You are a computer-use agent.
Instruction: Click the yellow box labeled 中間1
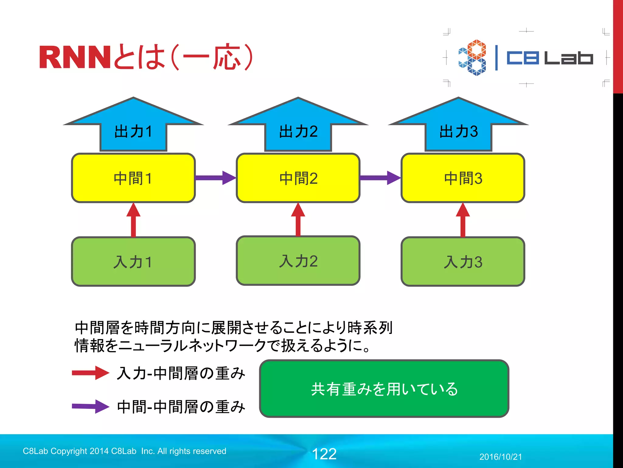pyautogui.click(x=133, y=178)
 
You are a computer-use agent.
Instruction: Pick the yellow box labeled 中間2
pyautogui.click(x=298, y=178)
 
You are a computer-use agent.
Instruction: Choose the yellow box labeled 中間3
pyautogui.click(x=463, y=178)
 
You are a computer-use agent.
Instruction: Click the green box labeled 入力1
pyautogui.click(x=133, y=261)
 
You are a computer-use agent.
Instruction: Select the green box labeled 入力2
pyautogui.click(x=298, y=261)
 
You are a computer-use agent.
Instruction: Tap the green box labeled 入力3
pyautogui.click(x=463, y=261)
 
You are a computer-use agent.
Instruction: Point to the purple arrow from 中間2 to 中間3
pyautogui.click(x=380, y=178)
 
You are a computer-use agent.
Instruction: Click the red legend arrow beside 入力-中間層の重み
pyautogui.click(x=91, y=373)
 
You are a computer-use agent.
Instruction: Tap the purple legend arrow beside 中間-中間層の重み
pyautogui.click(x=91, y=406)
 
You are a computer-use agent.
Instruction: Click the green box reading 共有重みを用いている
pyautogui.click(x=384, y=388)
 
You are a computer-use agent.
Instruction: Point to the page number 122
pyautogui.click(x=324, y=454)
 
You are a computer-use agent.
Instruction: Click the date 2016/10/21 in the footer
pyautogui.click(x=500, y=457)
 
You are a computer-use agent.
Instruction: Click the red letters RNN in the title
pyautogui.click(x=75, y=57)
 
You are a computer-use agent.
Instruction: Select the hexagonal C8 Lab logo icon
pyautogui.click(x=472, y=57)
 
